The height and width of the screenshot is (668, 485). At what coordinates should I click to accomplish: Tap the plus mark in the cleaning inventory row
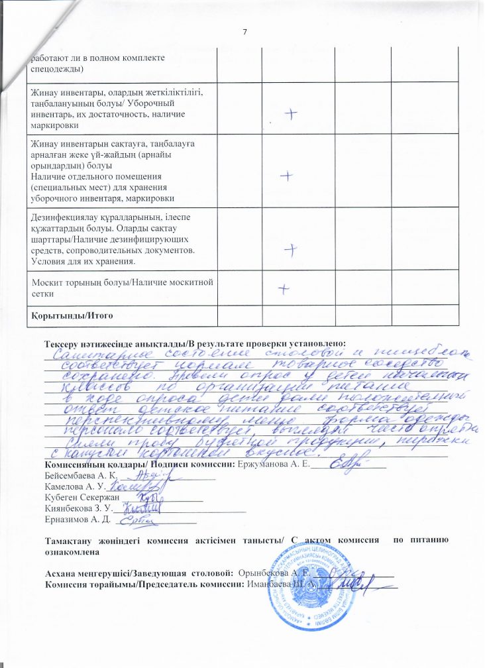[290, 113]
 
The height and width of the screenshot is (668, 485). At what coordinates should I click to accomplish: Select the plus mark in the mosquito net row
[283, 289]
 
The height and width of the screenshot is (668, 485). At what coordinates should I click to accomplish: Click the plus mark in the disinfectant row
[290, 249]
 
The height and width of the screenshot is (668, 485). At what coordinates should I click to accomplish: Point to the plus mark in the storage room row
[286, 176]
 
